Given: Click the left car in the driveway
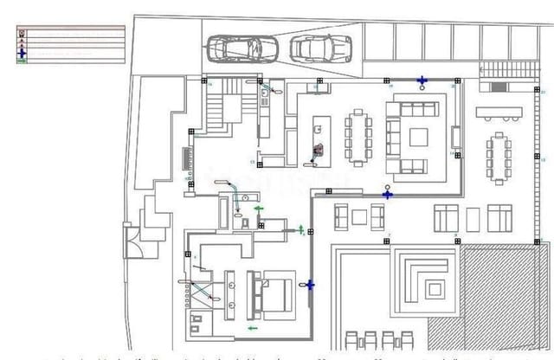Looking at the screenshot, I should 243,50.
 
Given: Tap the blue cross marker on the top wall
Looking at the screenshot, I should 422,81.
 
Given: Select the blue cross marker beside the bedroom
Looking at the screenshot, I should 310,284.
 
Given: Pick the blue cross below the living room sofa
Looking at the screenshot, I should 388,194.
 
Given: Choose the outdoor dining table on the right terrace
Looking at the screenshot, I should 498,157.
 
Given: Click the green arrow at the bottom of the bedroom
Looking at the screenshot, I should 253,328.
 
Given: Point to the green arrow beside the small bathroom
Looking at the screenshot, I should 258,208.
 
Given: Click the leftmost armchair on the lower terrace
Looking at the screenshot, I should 341,216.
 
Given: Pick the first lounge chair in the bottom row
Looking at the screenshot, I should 352,340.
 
